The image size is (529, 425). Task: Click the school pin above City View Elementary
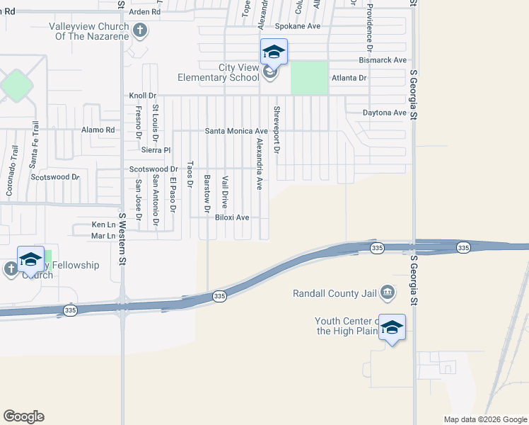pos(274,52)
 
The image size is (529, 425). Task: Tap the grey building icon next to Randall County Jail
pos(388,292)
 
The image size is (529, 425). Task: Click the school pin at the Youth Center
pos(392,328)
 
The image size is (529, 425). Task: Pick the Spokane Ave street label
pos(298,26)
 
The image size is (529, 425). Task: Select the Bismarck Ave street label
pos(383,60)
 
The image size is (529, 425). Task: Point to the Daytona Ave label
pos(385,113)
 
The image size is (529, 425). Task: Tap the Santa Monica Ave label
pos(236,131)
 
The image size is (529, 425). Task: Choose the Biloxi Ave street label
pos(232,217)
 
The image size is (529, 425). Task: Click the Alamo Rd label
pos(98,130)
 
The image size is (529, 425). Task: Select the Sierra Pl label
pos(156,150)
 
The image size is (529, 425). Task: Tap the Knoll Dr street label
pos(142,95)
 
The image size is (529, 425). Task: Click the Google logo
pos(23,416)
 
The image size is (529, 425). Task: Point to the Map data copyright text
pos(485,419)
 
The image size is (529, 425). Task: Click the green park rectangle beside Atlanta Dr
pos(309,77)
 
